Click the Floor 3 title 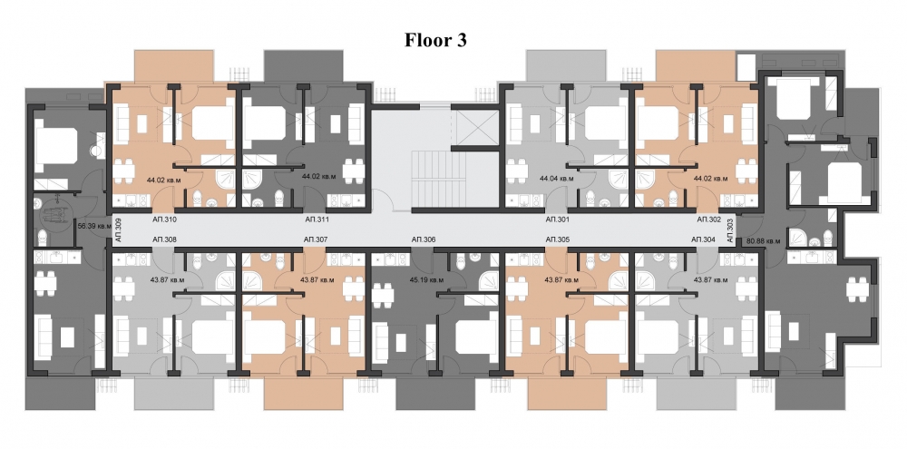click(434, 41)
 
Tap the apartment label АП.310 click(164, 220)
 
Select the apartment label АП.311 click(315, 220)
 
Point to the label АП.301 click(557, 220)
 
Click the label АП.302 click(708, 220)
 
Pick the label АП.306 click(424, 239)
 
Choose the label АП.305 click(557, 239)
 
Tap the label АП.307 click(315, 239)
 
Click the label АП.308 click(164, 239)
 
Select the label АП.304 click(703, 239)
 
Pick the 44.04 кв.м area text click(557, 180)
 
